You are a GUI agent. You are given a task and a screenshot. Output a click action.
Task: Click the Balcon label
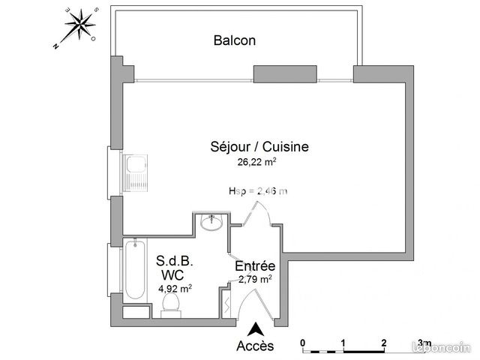(234, 40)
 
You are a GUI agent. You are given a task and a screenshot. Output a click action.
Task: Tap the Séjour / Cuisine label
(259, 147)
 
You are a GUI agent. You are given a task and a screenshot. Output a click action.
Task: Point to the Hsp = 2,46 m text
(257, 191)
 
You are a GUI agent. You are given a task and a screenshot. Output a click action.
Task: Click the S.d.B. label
(175, 261)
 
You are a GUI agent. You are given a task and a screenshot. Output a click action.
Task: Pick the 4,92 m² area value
(175, 287)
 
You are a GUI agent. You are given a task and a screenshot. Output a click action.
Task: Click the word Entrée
(255, 266)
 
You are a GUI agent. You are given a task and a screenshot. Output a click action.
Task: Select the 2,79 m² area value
(255, 279)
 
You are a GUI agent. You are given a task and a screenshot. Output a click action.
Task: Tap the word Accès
(255, 346)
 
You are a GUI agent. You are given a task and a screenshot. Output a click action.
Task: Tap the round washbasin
(213, 223)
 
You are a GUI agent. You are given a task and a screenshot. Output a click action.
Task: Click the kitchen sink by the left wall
(136, 172)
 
